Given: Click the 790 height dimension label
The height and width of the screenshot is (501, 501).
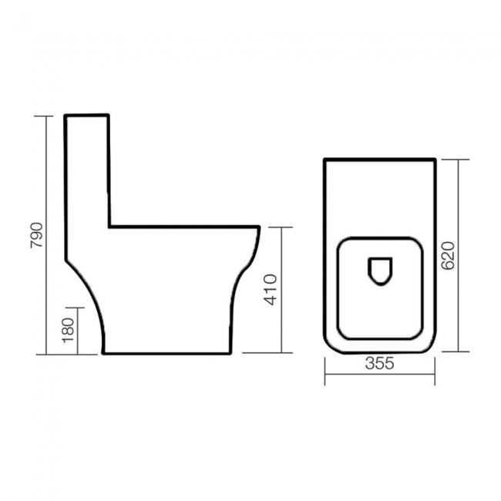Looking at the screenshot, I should click(x=34, y=234).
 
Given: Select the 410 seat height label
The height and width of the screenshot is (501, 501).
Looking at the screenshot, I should click(x=271, y=291).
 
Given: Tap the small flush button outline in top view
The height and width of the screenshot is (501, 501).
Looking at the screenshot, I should click(x=379, y=271).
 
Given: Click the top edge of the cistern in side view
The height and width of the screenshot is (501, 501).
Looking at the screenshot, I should click(x=87, y=116).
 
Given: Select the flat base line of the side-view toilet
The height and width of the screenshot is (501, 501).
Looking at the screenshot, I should click(x=166, y=354).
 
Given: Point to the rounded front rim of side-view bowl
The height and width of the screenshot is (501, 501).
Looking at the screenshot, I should click(x=257, y=231).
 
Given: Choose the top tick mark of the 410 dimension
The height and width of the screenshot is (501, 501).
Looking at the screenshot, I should click(x=282, y=227).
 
